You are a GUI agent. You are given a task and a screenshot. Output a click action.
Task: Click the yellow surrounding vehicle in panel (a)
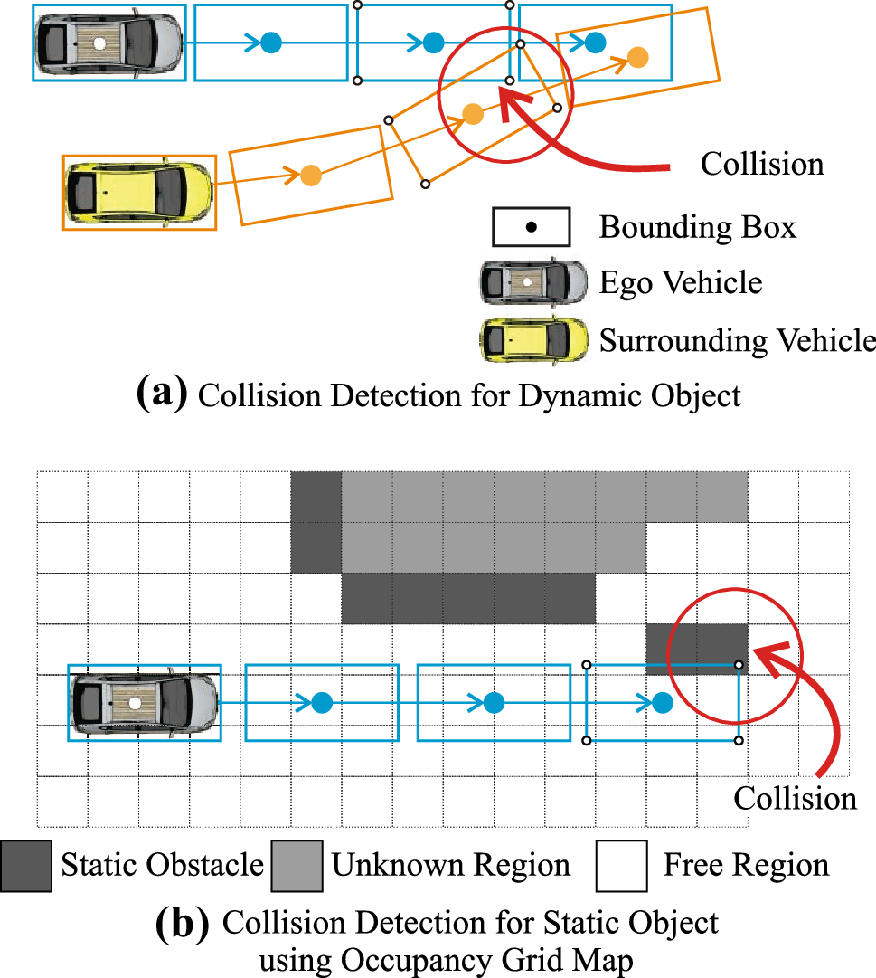tap(139, 192)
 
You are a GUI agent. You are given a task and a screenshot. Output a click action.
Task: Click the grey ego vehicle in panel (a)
tap(109, 42)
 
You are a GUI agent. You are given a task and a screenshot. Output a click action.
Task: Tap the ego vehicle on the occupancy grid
tap(146, 701)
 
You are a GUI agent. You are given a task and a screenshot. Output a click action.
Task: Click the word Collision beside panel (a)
tap(762, 164)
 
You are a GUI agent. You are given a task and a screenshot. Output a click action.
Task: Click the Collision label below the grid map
tap(795, 799)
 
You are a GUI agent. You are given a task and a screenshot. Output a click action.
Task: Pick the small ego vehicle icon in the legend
tap(532, 282)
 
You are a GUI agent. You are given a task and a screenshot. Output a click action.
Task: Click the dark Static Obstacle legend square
tap(25, 866)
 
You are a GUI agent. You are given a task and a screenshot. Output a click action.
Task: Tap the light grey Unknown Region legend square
tap(296, 866)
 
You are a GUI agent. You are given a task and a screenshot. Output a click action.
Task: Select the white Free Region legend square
tap(621, 866)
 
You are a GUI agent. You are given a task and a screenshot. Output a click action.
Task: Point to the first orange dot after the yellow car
tap(310, 176)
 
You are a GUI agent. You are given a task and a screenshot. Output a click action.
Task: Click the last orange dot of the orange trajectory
tap(637, 57)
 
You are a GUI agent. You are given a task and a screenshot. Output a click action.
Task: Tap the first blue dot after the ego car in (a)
tap(270, 42)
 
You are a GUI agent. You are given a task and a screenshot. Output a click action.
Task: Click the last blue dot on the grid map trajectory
tap(663, 701)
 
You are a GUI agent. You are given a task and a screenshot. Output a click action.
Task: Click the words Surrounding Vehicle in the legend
tap(738, 340)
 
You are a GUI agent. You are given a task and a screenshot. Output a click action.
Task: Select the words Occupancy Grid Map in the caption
tap(468, 958)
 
